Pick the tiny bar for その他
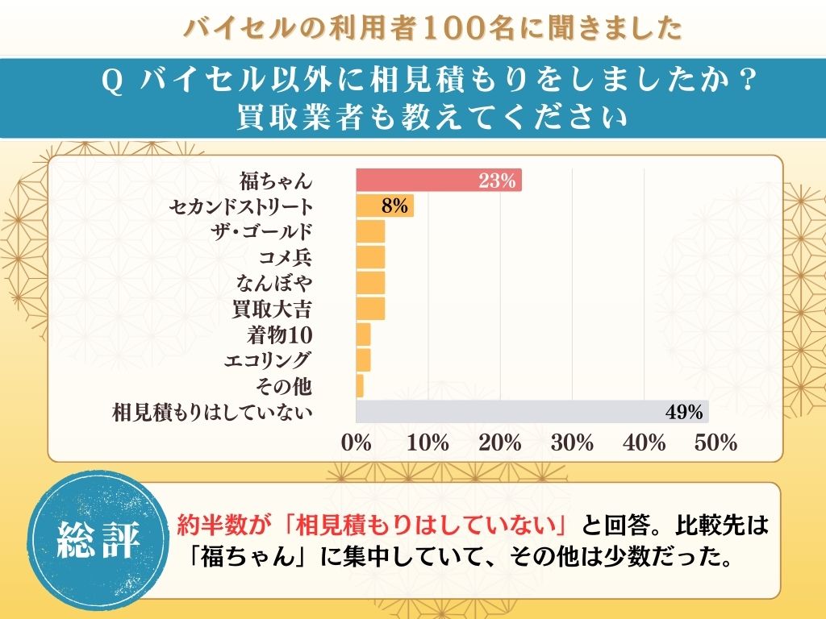[x=360, y=386]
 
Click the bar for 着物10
[x=363, y=334]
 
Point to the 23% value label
[x=496, y=181]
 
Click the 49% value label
[x=685, y=412]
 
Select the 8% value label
[x=395, y=206]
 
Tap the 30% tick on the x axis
[x=572, y=442]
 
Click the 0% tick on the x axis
[x=356, y=442]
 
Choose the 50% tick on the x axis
[x=716, y=442]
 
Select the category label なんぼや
[x=274, y=283]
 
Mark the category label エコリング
[x=268, y=360]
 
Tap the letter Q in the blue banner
[x=113, y=81]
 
